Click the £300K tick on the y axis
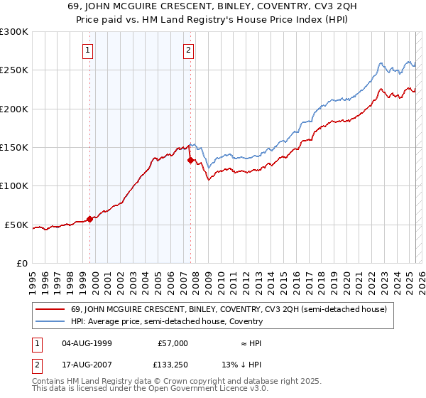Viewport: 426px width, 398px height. point(13,32)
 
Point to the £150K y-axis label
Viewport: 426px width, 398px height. point(13,148)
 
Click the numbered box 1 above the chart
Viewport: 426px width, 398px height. point(87,50)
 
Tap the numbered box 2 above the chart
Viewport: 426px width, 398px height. point(188,50)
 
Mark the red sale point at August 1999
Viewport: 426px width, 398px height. point(89,219)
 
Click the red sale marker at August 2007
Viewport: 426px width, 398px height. point(190,161)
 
